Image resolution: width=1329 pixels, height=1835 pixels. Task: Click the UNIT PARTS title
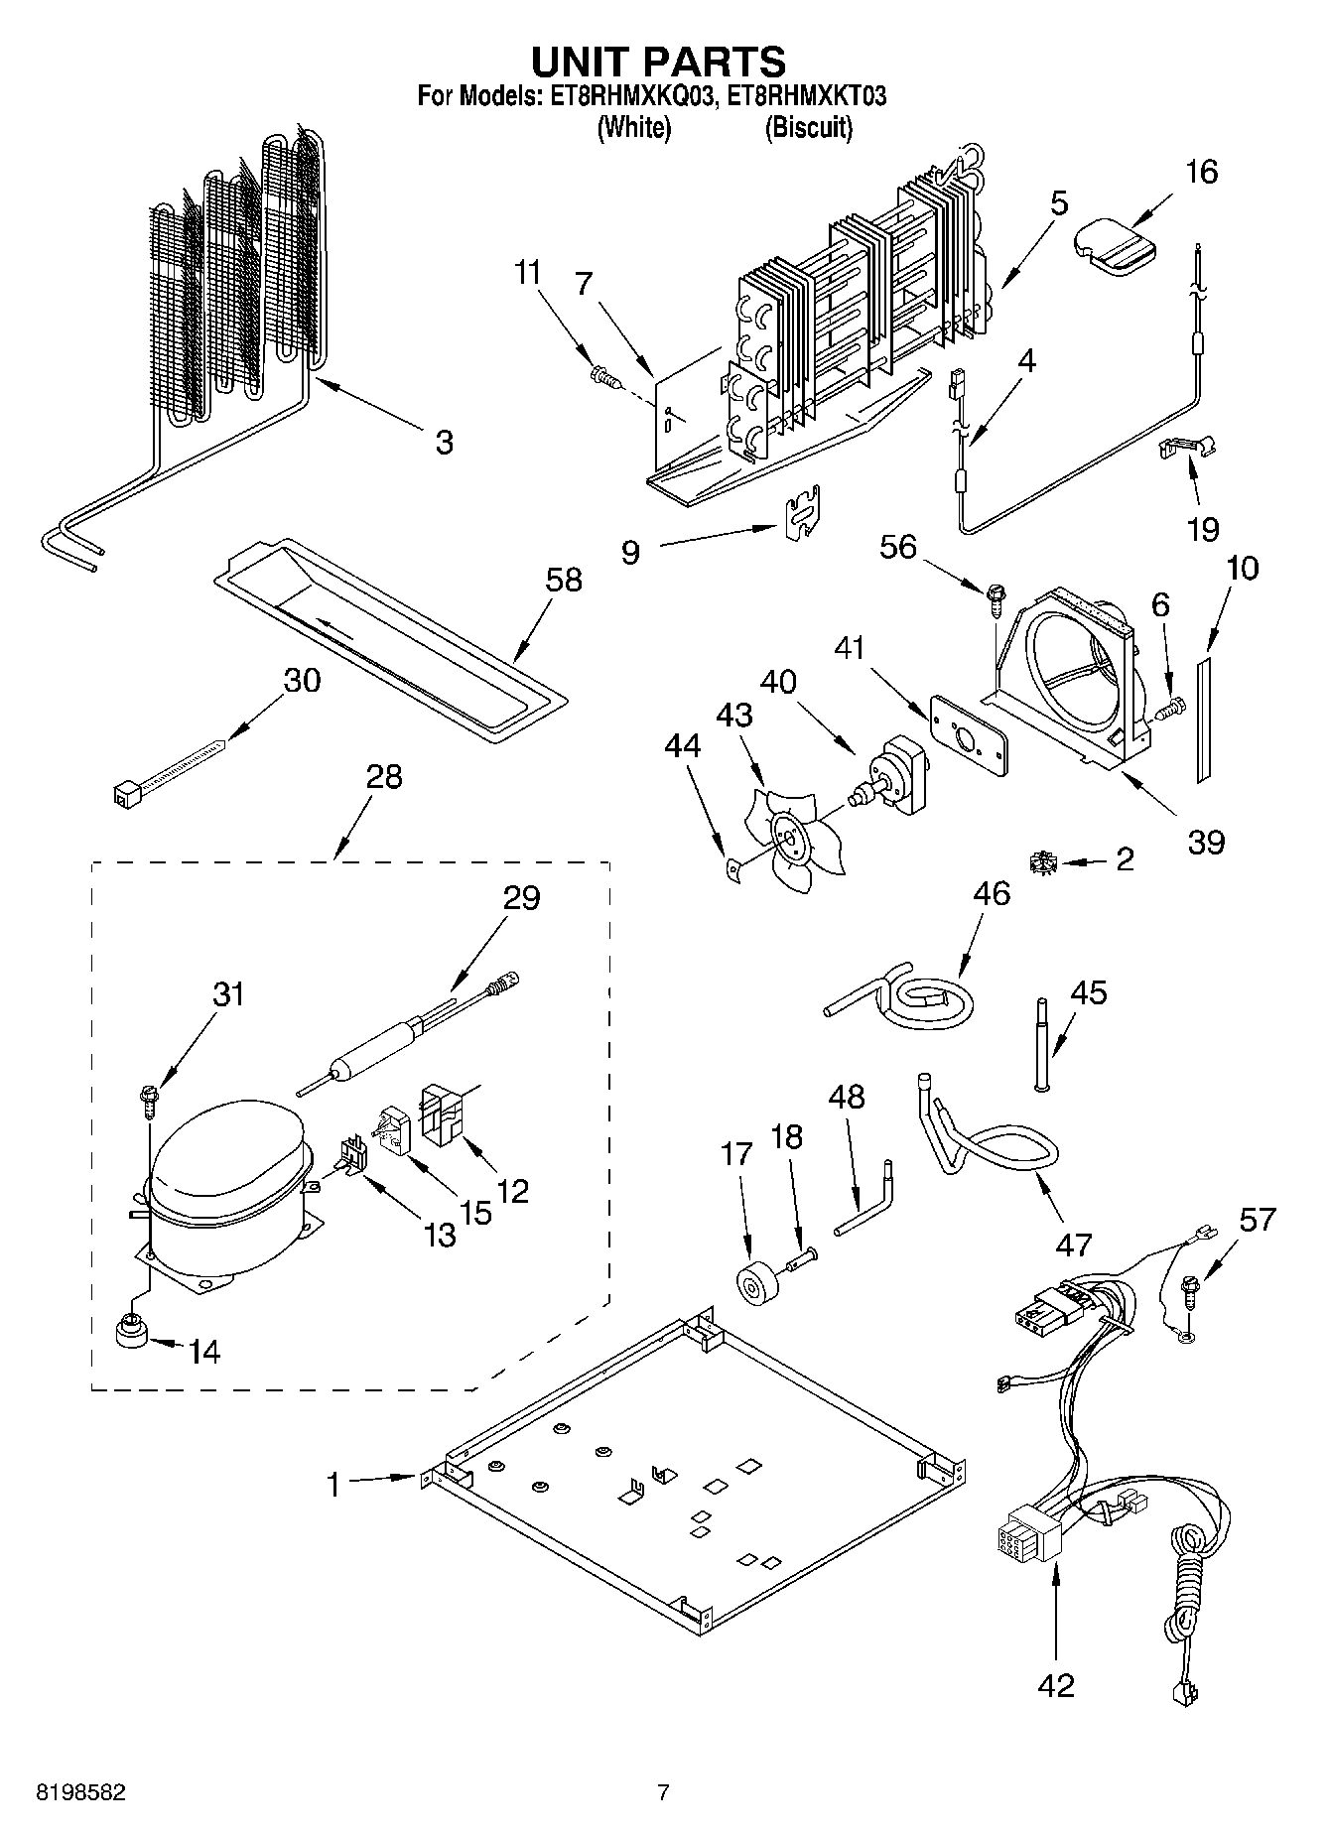point(658,62)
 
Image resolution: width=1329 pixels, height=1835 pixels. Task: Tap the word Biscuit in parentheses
point(808,128)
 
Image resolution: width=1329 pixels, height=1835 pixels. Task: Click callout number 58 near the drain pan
point(564,580)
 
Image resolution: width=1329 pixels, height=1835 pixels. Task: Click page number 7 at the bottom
point(663,1792)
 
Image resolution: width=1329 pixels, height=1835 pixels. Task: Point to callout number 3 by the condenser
point(444,443)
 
